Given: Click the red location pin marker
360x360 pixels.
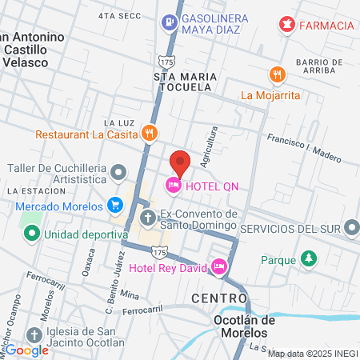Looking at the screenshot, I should click(x=180, y=162).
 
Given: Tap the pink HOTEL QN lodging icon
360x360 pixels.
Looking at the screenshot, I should click(x=172, y=186).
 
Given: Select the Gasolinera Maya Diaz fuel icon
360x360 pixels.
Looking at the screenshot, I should click(x=169, y=22).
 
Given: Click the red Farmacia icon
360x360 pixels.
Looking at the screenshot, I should click(x=286, y=25).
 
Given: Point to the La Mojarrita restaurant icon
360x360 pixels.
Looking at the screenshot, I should click(x=278, y=74).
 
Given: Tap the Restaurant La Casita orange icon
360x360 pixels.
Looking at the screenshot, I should click(x=148, y=133).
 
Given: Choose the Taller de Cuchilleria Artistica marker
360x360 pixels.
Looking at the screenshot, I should click(x=118, y=172).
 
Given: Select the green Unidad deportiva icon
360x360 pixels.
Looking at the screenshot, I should click(x=32, y=234).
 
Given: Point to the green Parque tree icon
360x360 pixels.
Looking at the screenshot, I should click(x=308, y=259).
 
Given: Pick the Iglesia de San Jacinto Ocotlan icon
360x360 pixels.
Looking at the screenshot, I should click(x=34, y=335).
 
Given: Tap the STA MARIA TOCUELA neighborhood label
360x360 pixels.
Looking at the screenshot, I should click(x=186, y=82).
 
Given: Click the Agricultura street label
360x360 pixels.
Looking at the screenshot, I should click(x=210, y=147).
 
